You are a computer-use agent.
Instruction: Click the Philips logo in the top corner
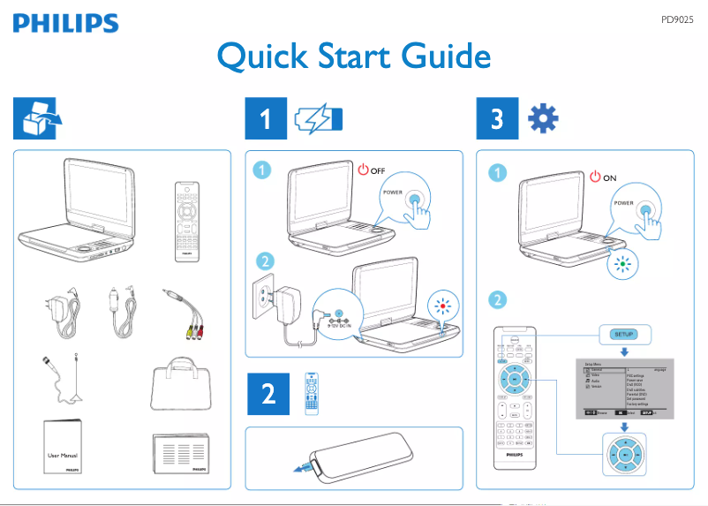[x=64, y=24]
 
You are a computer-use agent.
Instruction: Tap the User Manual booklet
[x=67, y=448]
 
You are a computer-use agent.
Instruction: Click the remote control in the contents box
[x=186, y=222]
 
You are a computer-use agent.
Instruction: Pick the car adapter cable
[x=121, y=313]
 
